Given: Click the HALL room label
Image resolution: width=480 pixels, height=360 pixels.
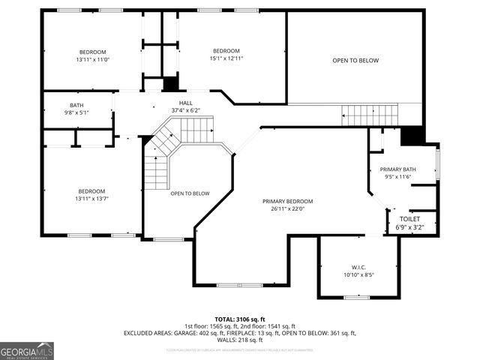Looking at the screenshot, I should click(185, 103).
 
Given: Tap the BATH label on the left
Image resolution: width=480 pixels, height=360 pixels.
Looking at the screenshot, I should click(76, 105).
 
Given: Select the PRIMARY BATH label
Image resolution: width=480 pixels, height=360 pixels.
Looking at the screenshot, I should click(397, 169).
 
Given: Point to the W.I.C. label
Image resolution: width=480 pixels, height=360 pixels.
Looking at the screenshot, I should click(358, 267).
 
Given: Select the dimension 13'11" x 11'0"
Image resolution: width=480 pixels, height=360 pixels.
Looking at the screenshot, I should click(91, 59).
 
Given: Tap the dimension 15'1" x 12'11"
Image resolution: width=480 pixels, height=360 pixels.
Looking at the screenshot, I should click(226, 58).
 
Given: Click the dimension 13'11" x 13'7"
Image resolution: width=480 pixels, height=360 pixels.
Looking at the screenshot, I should click(91, 199).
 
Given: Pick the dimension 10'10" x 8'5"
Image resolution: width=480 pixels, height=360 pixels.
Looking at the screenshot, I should click(358, 275).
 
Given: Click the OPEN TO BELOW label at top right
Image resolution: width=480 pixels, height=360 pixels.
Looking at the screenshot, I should click(355, 61).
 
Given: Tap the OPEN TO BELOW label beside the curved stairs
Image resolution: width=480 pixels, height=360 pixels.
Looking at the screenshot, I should click(190, 193).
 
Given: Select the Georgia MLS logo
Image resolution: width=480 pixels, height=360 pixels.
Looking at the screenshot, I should click(27, 350).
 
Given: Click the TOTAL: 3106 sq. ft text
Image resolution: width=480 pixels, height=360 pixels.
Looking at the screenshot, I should click(239, 318).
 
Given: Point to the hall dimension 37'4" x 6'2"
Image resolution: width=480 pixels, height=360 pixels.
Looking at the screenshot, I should click(185, 110).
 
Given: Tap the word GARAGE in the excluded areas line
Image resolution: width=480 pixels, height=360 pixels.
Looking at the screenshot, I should click(198, 333).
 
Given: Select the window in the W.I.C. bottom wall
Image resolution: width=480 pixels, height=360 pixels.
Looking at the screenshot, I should click(357, 298).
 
